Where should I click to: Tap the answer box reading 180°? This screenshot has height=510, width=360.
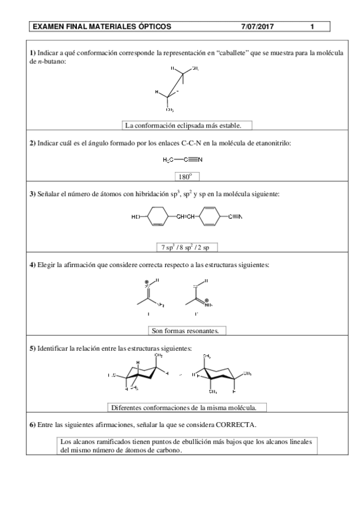tap(185, 177)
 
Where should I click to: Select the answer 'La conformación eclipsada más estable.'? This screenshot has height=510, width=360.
tap(186, 126)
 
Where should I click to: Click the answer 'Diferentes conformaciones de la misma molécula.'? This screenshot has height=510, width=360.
tap(186, 407)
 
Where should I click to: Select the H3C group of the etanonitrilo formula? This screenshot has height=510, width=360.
tap(169, 160)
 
